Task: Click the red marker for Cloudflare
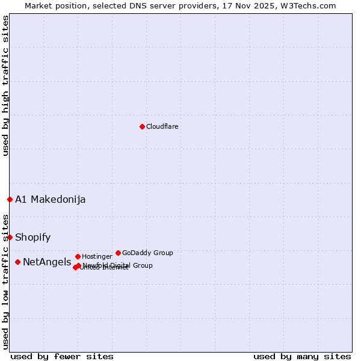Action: click(x=142, y=126)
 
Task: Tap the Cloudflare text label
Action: click(x=162, y=126)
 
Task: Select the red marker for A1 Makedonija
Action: click(x=10, y=199)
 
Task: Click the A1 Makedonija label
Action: click(x=51, y=199)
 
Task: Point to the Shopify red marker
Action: click(x=10, y=237)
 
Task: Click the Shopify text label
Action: click(x=33, y=237)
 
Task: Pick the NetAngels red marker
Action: click(x=18, y=262)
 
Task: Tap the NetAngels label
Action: click(x=47, y=262)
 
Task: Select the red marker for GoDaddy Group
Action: click(x=118, y=253)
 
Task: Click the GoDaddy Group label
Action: click(x=147, y=253)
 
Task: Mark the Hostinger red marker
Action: click(x=78, y=256)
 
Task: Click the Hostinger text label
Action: click(x=97, y=256)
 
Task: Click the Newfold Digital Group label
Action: click(x=118, y=265)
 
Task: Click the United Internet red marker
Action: click(x=75, y=267)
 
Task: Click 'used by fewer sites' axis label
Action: click(x=62, y=356)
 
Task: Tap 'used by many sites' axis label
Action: click(x=302, y=356)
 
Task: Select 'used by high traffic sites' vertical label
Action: click(x=5, y=85)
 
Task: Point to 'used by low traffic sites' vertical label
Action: click(x=5, y=281)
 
